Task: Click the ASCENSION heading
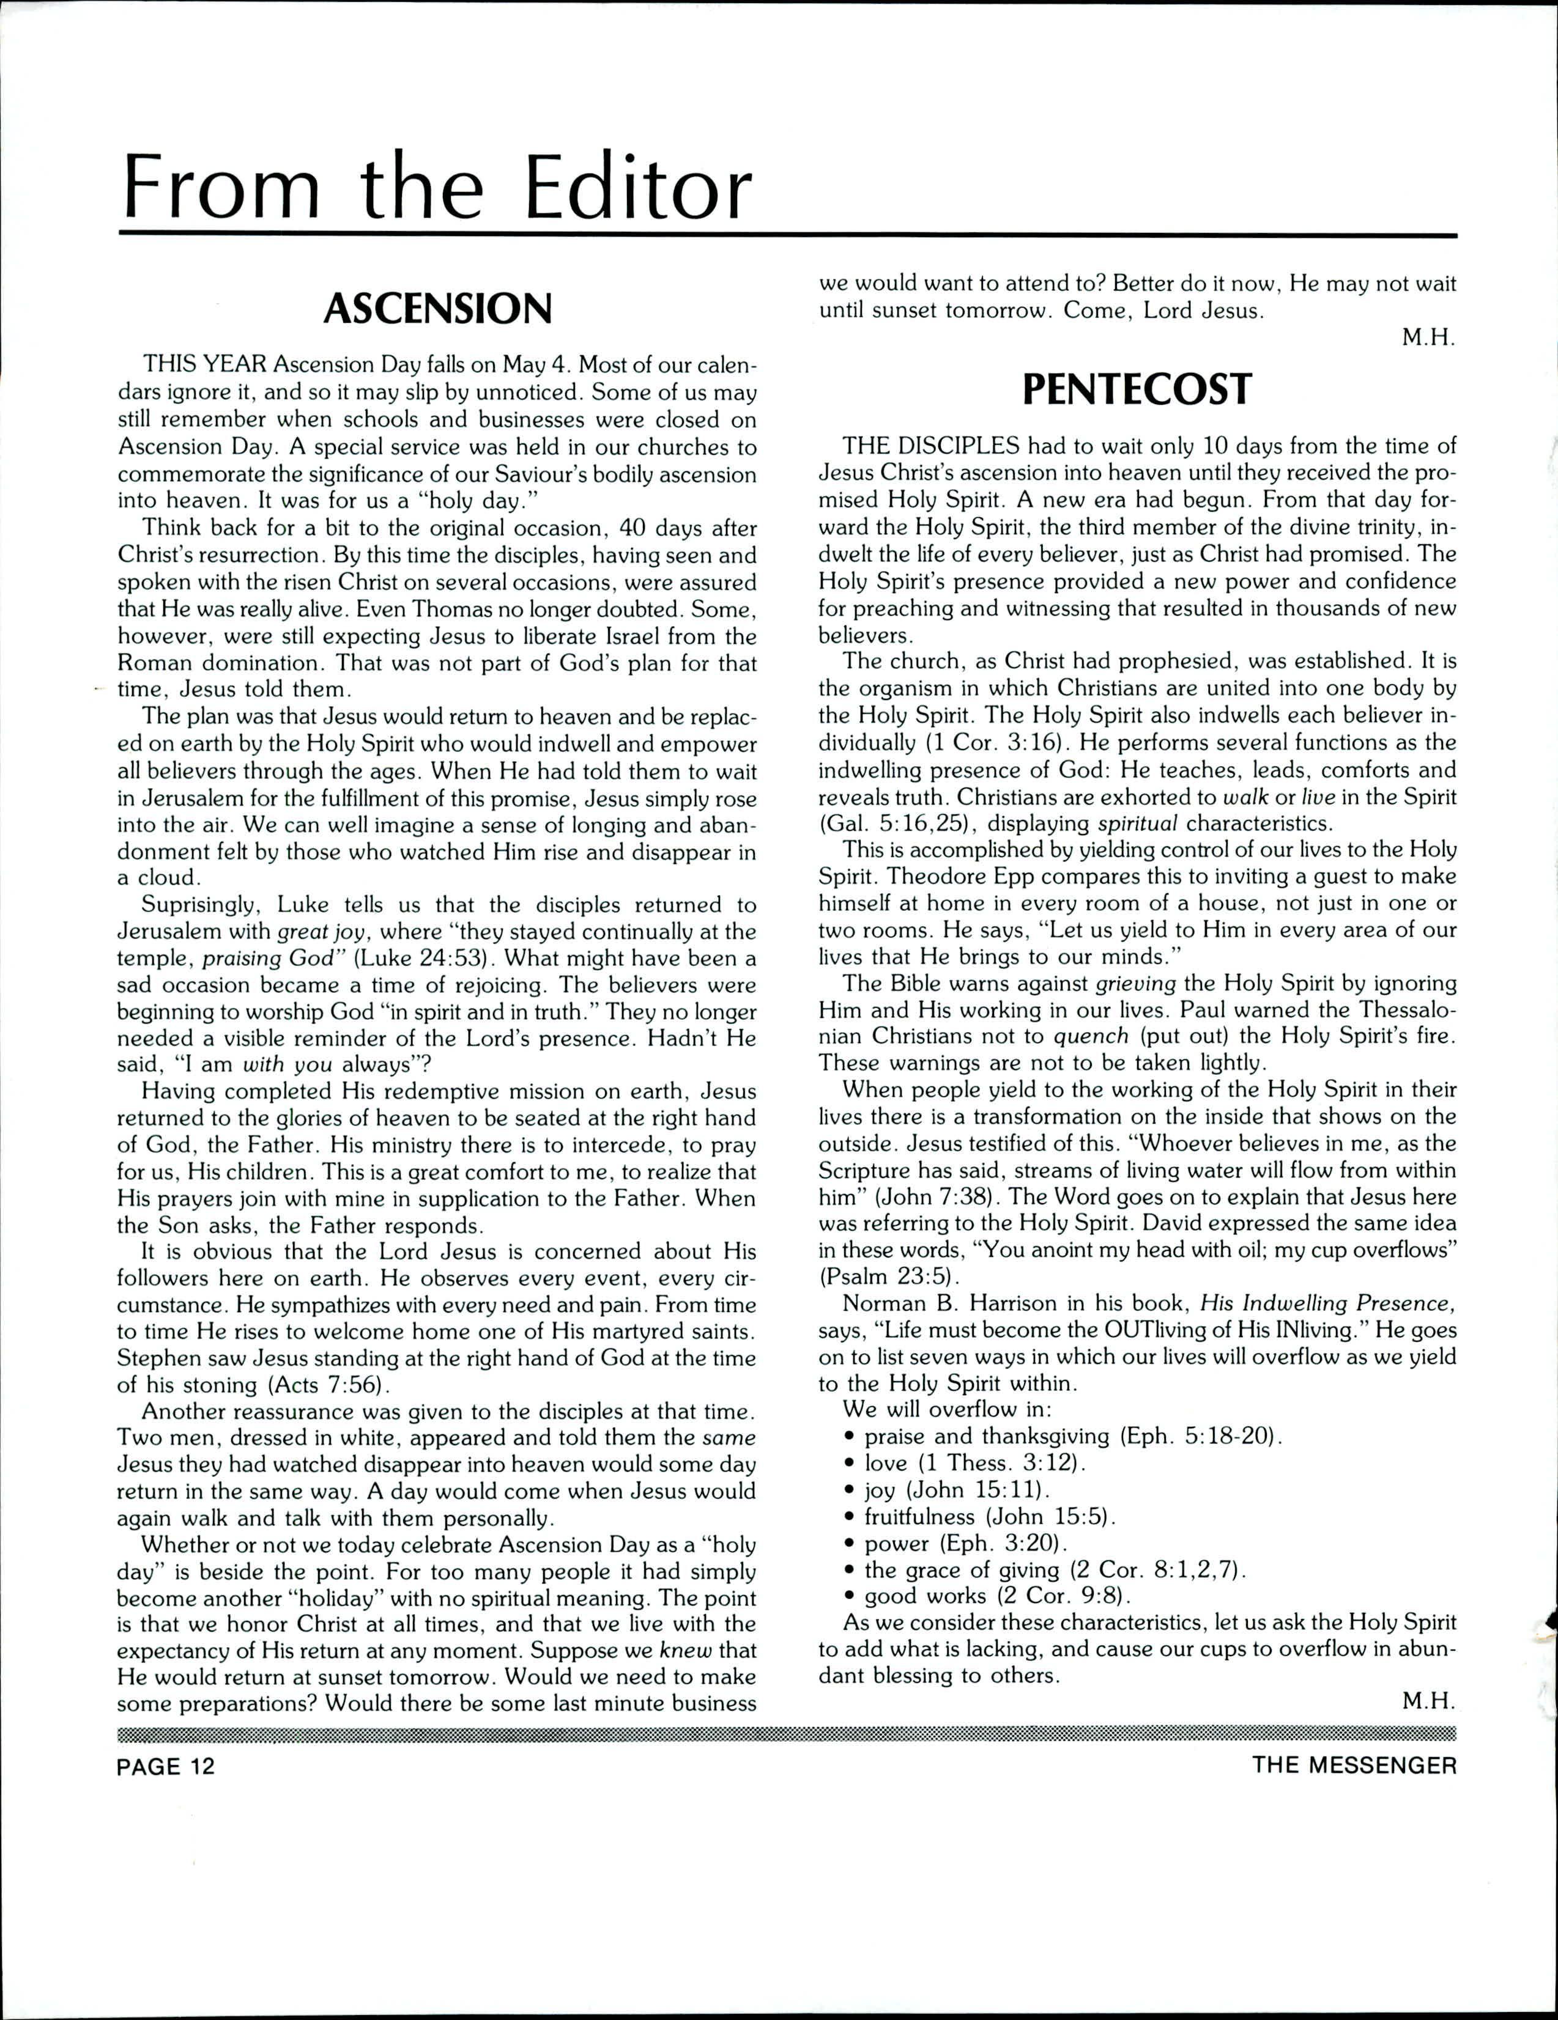pyautogui.click(x=437, y=309)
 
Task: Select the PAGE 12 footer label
pyautogui.click(x=166, y=1766)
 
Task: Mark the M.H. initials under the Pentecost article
pyautogui.click(x=1430, y=1702)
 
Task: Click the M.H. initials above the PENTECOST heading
pyautogui.click(x=1430, y=337)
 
